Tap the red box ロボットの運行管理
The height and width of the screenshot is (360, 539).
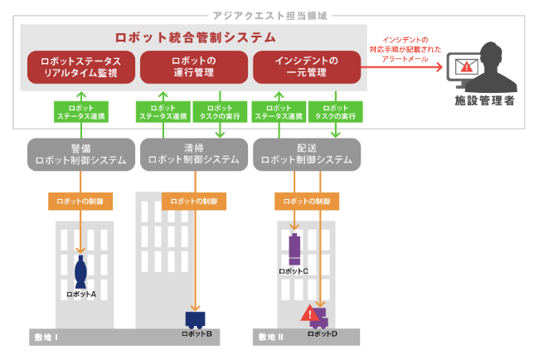pyautogui.click(x=193, y=67)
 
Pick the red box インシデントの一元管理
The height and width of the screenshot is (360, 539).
pyautogui.click(x=306, y=67)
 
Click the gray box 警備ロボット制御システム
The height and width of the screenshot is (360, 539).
pyautogui.click(x=80, y=153)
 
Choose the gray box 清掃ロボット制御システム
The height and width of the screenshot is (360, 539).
pyautogui.click(x=193, y=153)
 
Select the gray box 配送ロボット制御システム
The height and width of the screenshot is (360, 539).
pyautogui.click(x=307, y=153)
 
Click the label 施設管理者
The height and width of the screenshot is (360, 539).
pyautogui.click(x=485, y=101)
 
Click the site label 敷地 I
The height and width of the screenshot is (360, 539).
pyautogui.click(x=46, y=337)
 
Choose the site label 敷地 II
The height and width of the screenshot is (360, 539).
pyautogui.click(x=270, y=337)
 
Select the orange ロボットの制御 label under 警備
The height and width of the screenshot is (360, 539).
pyautogui.click(x=80, y=201)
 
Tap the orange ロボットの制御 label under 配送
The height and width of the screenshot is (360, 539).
pyautogui.click(x=307, y=201)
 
